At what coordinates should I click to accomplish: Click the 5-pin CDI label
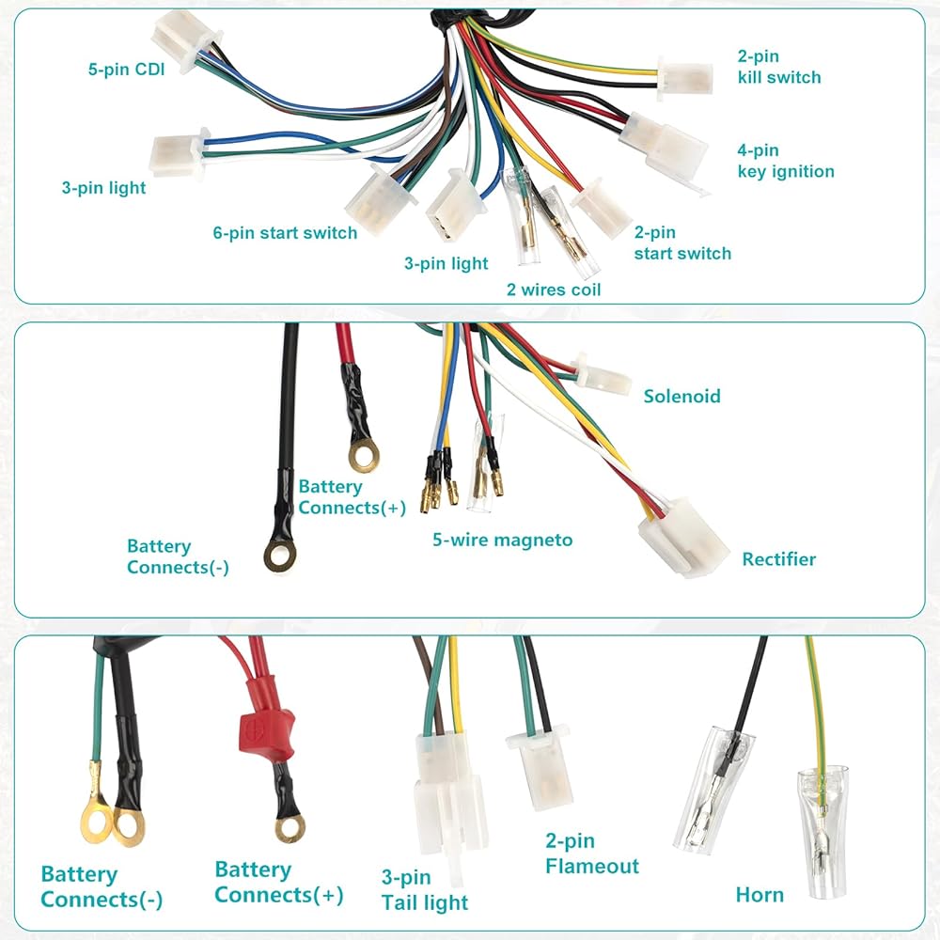click(127, 69)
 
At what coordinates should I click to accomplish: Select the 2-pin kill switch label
click(778, 67)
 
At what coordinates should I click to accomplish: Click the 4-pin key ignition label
click(785, 161)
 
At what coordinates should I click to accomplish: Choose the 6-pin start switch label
click(285, 232)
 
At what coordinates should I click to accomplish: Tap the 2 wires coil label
click(554, 290)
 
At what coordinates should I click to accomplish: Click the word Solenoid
click(681, 397)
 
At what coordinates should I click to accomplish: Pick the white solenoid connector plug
click(602, 377)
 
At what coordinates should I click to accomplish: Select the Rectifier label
click(778, 559)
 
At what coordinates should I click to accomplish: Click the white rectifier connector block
click(682, 538)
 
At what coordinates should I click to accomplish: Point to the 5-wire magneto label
click(502, 540)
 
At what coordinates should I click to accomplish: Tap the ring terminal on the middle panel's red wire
click(364, 454)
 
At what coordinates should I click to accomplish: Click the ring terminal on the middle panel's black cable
click(280, 556)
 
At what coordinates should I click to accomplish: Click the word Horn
click(760, 895)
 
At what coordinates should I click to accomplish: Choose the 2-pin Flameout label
click(591, 854)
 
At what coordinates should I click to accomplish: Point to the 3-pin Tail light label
click(425, 890)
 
